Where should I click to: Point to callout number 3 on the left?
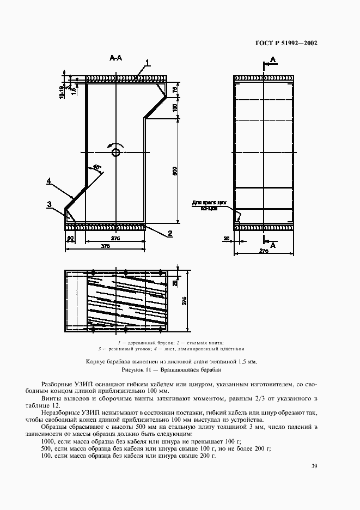pos(49,204)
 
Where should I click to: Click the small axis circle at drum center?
pos(115,153)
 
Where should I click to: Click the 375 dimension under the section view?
pos(105,246)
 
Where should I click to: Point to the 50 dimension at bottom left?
pos(70,238)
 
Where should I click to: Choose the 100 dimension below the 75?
pos(175,108)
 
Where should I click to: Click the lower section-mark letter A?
pos(273,246)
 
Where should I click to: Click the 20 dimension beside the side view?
pos(226,238)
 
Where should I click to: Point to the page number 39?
pos(314,466)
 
